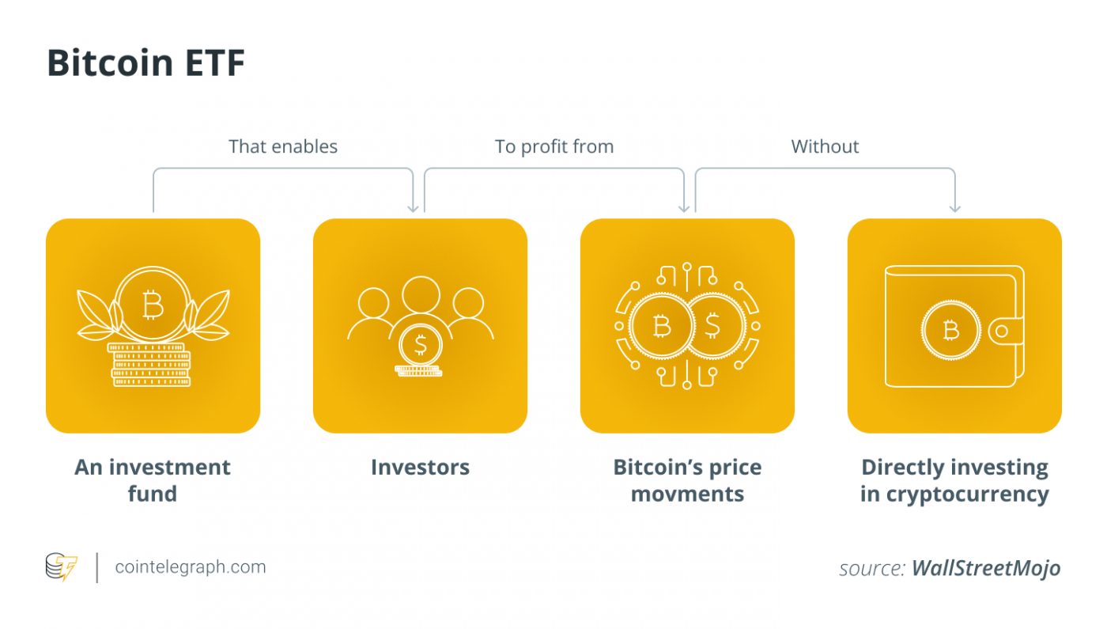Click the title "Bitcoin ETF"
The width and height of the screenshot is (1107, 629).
tap(145, 63)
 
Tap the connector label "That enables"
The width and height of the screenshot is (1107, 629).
tap(283, 146)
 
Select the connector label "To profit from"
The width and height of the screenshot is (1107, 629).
tap(554, 146)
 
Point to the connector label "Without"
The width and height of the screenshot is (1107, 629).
tap(825, 146)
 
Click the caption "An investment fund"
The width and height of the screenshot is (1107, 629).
tap(153, 480)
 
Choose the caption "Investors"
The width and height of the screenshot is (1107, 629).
tap(420, 467)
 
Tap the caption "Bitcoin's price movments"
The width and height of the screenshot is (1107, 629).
tap(687, 480)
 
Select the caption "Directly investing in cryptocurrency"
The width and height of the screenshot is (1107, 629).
tap(954, 480)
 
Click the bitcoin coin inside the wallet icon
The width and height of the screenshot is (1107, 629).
tap(950, 330)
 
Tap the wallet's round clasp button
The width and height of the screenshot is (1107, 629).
tap(1002, 331)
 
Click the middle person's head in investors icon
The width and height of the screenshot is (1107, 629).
tap(420, 294)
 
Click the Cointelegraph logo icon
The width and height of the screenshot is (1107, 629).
tap(62, 567)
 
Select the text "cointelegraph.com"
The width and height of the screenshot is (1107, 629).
tap(191, 567)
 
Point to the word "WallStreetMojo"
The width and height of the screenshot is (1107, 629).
tap(985, 568)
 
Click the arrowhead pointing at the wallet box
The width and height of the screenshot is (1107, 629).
tap(954, 208)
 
